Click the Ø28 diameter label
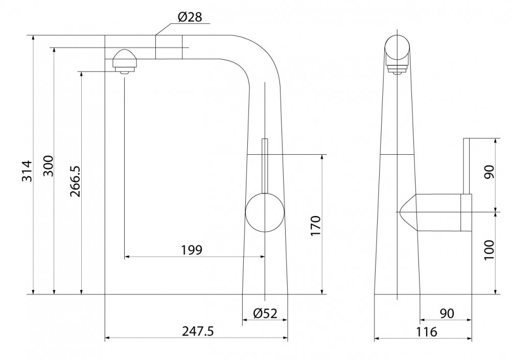click(190, 17)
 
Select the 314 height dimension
click(28, 171)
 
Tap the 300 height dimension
click(48, 166)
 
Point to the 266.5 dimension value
click(76, 181)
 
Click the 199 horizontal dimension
click(192, 250)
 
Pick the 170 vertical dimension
click(316, 226)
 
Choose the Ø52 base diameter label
click(265, 314)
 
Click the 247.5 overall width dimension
click(198, 331)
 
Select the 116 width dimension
click(426, 332)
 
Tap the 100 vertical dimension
click(489, 250)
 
